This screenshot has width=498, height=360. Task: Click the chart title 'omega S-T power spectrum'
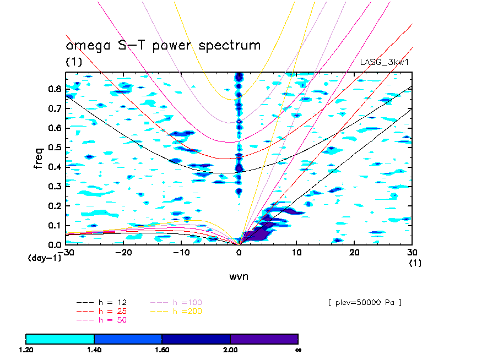(x=163, y=45)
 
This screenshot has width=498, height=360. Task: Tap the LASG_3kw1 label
(x=385, y=62)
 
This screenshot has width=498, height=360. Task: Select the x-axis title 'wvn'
(x=239, y=276)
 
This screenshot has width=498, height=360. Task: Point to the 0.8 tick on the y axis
(x=54, y=89)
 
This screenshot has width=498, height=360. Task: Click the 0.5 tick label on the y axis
(x=54, y=147)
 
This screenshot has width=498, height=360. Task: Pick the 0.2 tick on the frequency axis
(x=54, y=205)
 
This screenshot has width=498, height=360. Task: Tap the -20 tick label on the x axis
(x=123, y=252)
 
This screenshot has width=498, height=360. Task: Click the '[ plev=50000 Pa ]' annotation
(x=361, y=302)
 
